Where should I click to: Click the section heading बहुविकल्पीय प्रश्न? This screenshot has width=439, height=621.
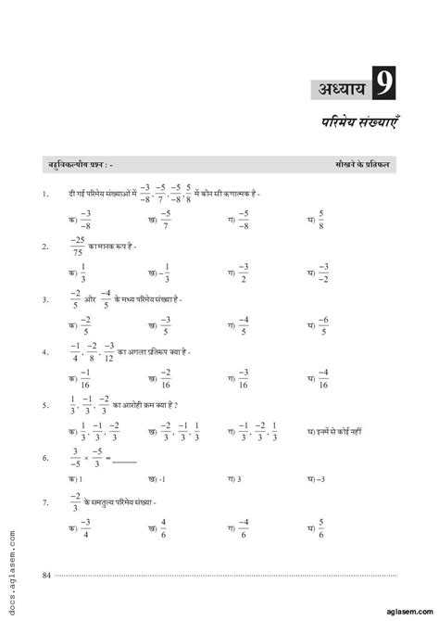click(x=80, y=163)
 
